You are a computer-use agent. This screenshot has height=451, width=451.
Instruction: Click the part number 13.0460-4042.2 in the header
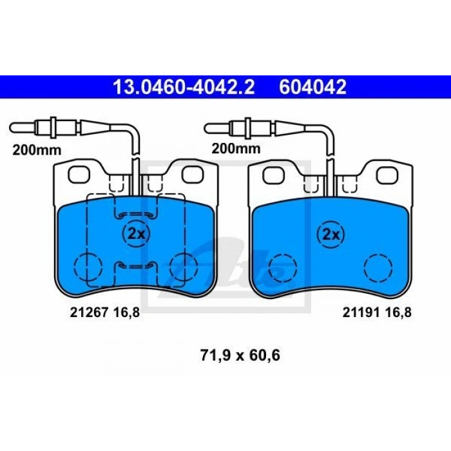click(184, 87)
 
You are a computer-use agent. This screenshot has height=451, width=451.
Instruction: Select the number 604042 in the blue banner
click(312, 87)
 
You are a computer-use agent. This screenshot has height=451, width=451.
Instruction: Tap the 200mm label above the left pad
click(37, 150)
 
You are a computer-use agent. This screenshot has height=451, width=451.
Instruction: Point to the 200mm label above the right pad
click(236, 149)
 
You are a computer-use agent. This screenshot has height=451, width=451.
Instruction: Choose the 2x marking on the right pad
click(331, 235)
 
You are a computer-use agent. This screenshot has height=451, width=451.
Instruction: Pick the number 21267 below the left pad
click(89, 312)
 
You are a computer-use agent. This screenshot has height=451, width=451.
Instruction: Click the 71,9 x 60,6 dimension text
click(240, 355)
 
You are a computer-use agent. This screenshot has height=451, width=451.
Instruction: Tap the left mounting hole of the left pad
click(79, 175)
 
